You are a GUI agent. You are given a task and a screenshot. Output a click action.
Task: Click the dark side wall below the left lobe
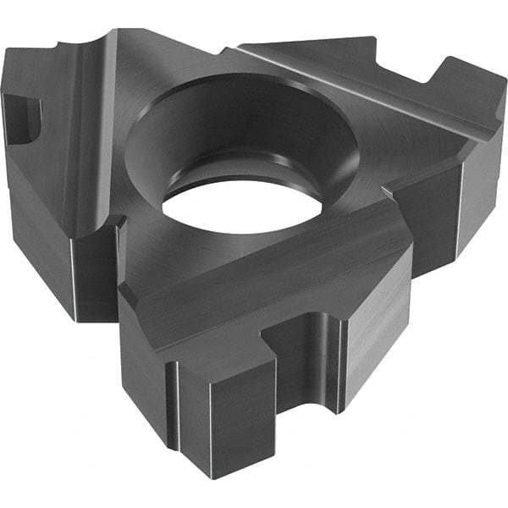(51, 237)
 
